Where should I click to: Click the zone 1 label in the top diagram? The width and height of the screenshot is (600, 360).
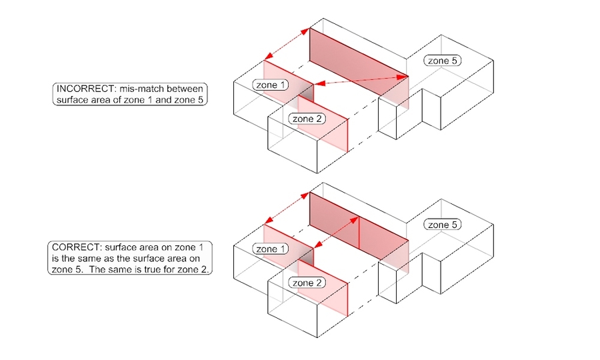(x=271, y=85)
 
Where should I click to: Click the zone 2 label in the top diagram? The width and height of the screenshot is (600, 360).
(x=307, y=118)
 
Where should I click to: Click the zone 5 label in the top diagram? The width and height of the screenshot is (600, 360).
(x=443, y=61)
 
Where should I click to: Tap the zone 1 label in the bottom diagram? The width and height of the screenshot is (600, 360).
(x=271, y=249)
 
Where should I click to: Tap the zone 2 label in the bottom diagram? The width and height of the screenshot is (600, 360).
(x=307, y=283)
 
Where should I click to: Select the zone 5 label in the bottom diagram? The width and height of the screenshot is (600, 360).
(x=443, y=225)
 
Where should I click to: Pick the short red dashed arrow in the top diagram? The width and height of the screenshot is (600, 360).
(x=287, y=44)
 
